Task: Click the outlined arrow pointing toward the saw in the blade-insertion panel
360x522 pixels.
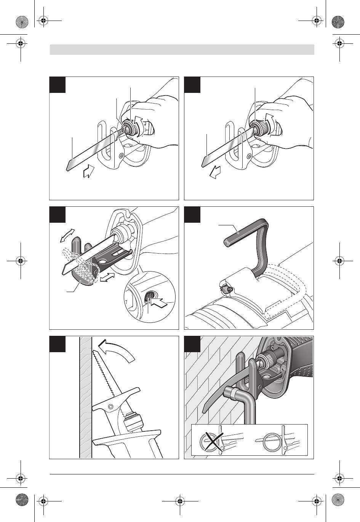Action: tap(89, 172)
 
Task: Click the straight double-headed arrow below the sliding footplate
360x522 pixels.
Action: tap(107, 277)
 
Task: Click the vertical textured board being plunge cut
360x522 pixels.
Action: tap(85, 396)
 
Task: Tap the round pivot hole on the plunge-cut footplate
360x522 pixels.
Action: tap(110, 407)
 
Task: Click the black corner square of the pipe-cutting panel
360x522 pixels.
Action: tap(192, 343)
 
